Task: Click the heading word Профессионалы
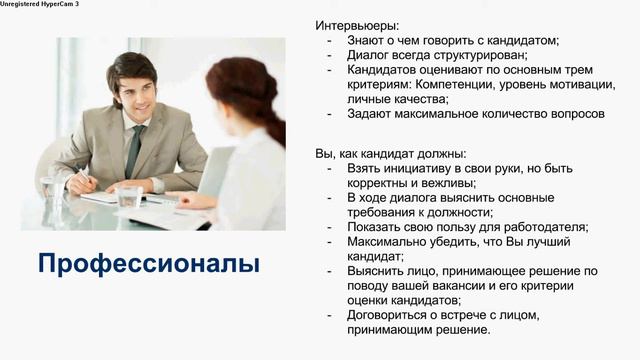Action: click(148, 264)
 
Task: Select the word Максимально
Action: click(389, 241)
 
